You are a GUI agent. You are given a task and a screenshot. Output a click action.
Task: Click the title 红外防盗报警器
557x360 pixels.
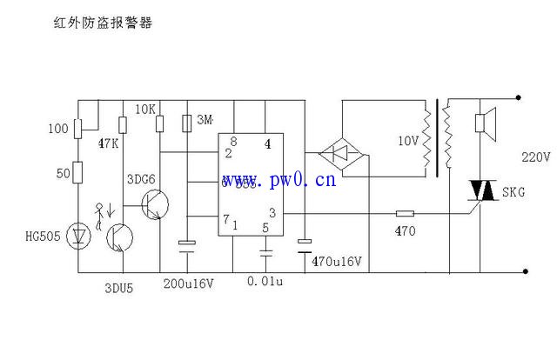tap(103, 23)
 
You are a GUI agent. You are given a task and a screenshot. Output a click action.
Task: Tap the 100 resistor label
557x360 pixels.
tap(57, 129)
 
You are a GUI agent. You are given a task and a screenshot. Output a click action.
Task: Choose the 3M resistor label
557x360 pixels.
tap(205, 118)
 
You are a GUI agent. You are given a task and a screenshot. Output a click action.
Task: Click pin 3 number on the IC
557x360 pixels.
tap(272, 212)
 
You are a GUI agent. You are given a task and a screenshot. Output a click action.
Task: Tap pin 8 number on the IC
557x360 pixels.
tap(233, 141)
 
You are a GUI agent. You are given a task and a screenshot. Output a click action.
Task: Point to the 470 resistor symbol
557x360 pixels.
tap(405, 212)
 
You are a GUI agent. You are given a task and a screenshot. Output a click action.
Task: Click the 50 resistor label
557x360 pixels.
tap(62, 174)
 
